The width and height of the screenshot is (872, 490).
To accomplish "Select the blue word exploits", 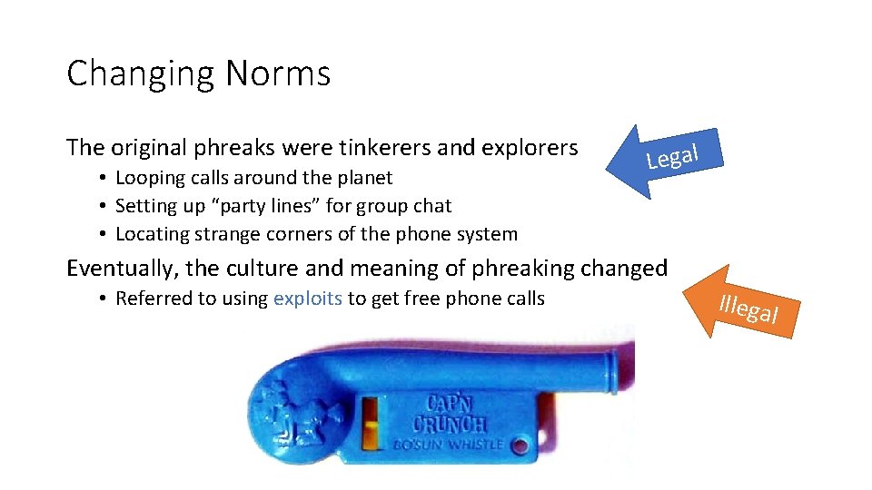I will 307,298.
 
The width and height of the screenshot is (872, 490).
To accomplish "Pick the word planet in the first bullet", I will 361,177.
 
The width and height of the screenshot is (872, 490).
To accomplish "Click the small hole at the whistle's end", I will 520,446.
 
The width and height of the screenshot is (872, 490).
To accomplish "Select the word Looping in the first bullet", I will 153,178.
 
